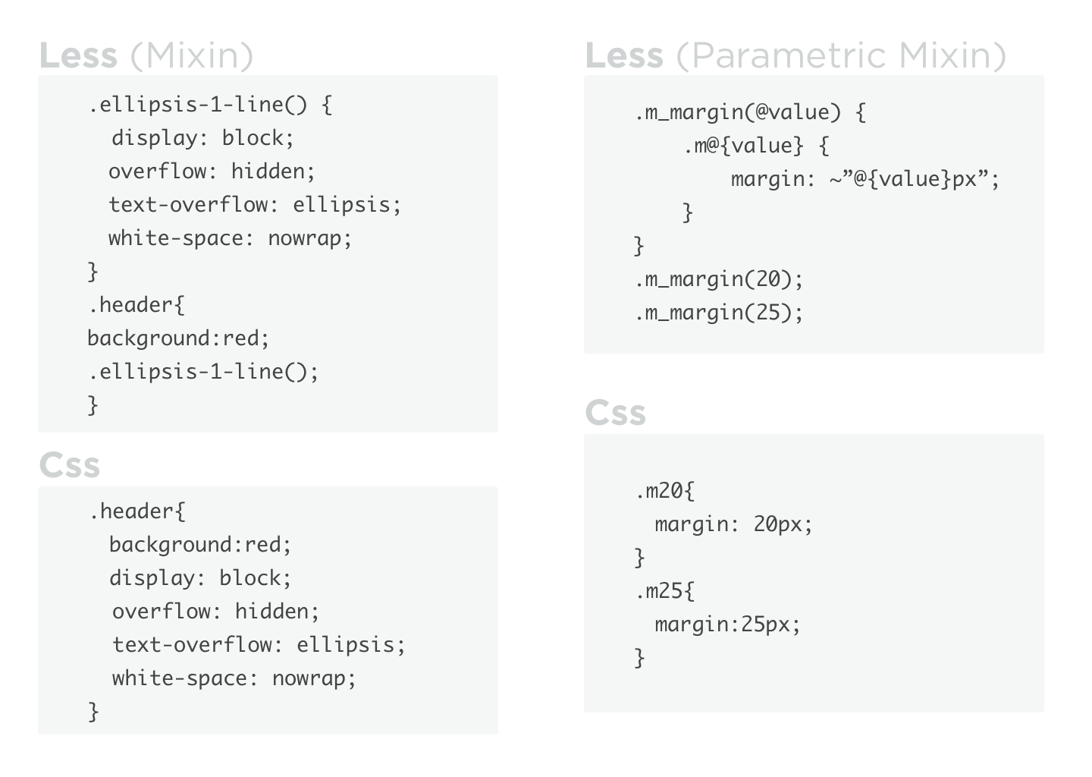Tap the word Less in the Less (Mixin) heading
[x=78, y=55]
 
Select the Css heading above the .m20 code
[x=615, y=414]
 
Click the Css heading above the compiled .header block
[x=69, y=465]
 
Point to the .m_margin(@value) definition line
[x=750, y=112]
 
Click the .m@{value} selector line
[x=755, y=146]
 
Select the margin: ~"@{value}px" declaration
[x=865, y=179]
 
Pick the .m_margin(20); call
[x=719, y=279]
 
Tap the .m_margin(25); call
[x=719, y=313]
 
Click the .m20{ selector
[x=664, y=491]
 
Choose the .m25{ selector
[x=664, y=591]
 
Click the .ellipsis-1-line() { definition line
[x=210, y=104]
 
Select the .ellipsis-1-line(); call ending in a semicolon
[x=203, y=372]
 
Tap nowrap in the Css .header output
[x=313, y=678]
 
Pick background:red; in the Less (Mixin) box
[x=178, y=338]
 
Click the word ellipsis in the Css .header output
[x=350, y=644]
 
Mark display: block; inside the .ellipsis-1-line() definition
[x=202, y=138]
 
